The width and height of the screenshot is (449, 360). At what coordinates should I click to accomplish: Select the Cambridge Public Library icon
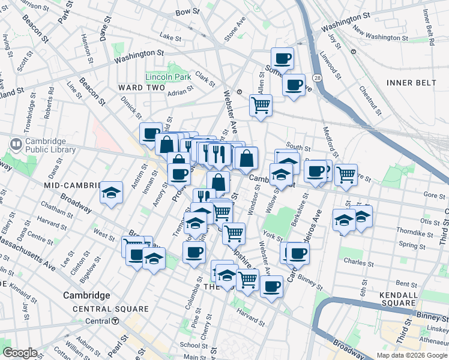[x=16, y=145]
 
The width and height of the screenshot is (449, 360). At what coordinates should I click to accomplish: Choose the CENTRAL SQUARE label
[x=101, y=309]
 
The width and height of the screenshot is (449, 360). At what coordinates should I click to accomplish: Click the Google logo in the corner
[x=20, y=353]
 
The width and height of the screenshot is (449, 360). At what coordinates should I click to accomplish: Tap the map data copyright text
[x=412, y=355]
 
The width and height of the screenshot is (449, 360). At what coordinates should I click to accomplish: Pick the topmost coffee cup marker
[x=282, y=58]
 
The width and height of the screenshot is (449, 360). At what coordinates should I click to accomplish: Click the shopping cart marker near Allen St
[x=261, y=105]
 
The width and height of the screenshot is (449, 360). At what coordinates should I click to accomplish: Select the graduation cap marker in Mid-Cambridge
[x=111, y=193]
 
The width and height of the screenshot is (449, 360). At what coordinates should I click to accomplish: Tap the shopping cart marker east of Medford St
[x=346, y=175]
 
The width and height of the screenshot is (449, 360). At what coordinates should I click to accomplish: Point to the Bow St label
[x=187, y=11]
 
